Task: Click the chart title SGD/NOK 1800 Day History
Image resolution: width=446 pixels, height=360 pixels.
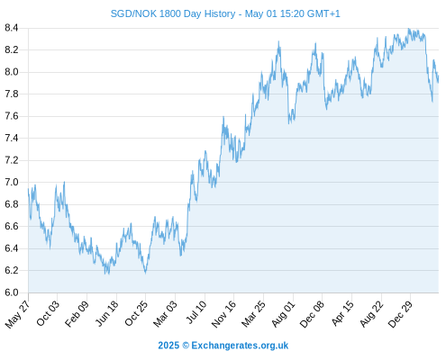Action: point(173,13)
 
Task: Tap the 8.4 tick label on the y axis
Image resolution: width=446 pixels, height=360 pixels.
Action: point(12,28)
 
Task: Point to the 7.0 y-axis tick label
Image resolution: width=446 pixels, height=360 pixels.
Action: point(12,183)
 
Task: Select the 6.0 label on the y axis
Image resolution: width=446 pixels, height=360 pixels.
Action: point(12,292)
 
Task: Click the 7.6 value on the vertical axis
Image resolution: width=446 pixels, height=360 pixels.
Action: point(12,116)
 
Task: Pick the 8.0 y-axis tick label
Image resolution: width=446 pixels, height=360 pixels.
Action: point(12,72)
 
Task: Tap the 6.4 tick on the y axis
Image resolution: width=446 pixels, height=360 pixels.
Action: point(12,248)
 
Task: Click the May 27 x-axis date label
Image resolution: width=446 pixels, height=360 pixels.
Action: point(17,314)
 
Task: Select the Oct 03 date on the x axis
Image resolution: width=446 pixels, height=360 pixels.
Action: point(48,313)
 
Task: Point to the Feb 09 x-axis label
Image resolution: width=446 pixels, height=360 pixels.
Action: point(77,313)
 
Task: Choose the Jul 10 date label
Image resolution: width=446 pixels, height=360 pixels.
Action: point(196,312)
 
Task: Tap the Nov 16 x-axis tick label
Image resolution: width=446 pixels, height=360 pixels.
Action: point(223,314)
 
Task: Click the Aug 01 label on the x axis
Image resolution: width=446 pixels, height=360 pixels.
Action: point(284,314)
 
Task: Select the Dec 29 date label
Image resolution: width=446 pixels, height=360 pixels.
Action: point(400,314)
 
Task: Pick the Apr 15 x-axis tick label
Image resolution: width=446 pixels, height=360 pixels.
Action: point(342,313)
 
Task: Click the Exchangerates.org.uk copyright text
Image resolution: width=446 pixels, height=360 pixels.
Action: point(240,346)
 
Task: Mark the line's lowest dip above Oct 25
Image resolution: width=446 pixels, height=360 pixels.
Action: point(146,273)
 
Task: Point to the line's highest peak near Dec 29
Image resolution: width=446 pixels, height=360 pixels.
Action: point(408,29)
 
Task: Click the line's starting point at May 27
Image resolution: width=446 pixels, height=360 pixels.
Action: point(28,189)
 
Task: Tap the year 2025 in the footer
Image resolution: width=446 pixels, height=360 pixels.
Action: point(168,346)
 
